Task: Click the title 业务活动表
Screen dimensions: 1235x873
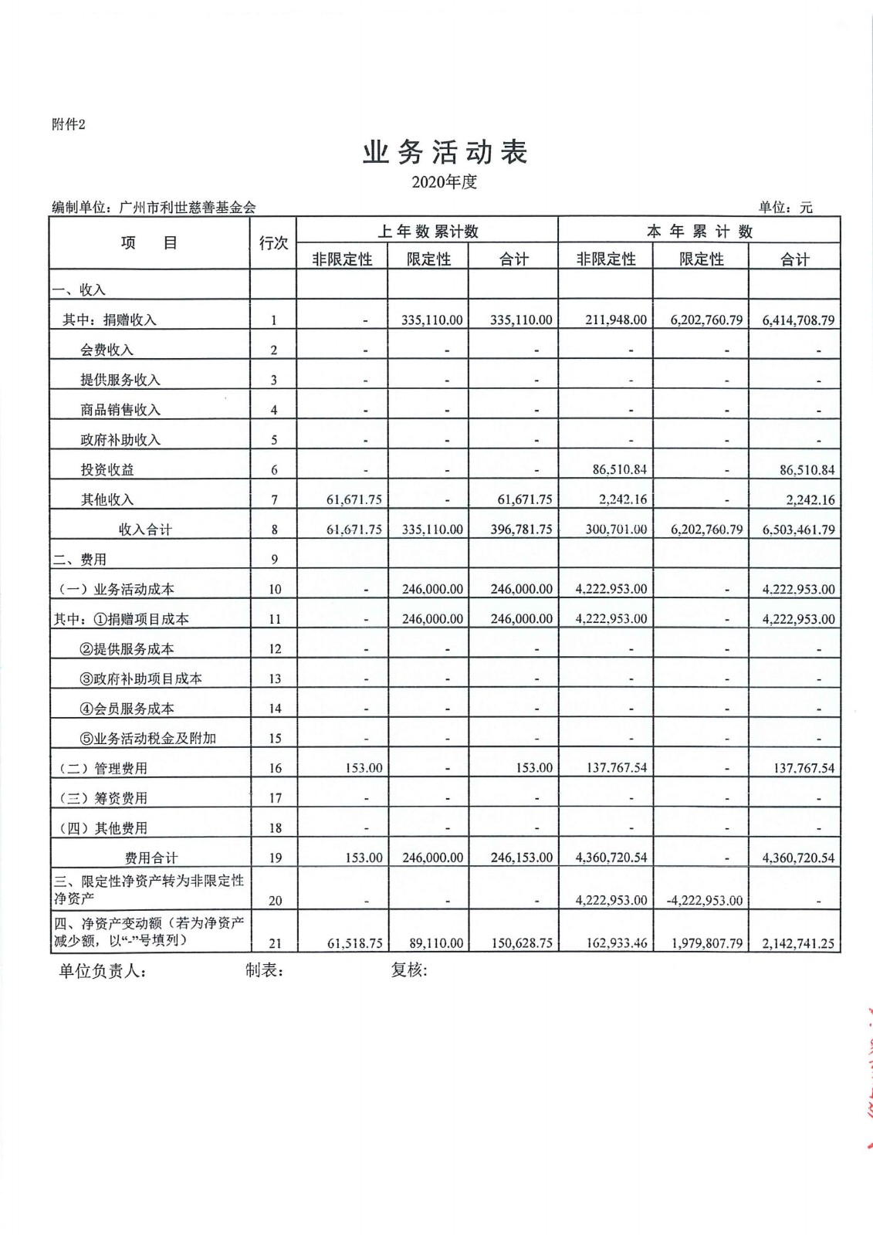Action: pyautogui.click(x=445, y=152)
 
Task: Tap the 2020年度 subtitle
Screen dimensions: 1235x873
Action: pyautogui.click(x=444, y=182)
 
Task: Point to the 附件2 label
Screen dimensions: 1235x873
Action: pyautogui.click(x=69, y=124)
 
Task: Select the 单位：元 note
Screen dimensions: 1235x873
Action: pyautogui.click(x=785, y=207)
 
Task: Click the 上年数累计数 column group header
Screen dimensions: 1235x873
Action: pyautogui.click(x=428, y=232)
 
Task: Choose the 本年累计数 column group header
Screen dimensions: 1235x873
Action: pyautogui.click(x=699, y=232)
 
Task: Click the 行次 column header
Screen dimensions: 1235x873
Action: pyautogui.click(x=273, y=243)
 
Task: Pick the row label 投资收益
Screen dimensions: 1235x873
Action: pyautogui.click(x=107, y=469)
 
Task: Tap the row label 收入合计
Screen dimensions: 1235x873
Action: pyautogui.click(x=145, y=530)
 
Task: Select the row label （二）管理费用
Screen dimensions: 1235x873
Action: pyautogui.click(x=103, y=768)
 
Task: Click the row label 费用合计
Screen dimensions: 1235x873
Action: pyautogui.click(x=151, y=858)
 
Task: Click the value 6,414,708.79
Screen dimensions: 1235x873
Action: pyautogui.click(x=798, y=320)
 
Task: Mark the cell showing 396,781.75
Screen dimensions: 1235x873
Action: pyautogui.click(x=521, y=530)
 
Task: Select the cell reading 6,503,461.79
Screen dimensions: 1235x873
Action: pyautogui.click(x=798, y=530)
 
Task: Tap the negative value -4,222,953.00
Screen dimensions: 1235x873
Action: pyautogui.click(x=704, y=900)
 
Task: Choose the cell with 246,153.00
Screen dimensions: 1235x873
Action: pyautogui.click(x=521, y=858)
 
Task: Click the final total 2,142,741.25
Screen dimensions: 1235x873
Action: pyautogui.click(x=798, y=943)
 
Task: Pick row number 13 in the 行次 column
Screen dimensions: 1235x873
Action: pyautogui.click(x=275, y=678)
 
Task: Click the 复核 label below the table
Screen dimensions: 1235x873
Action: pyautogui.click(x=408, y=970)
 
